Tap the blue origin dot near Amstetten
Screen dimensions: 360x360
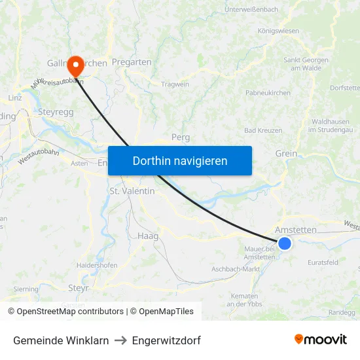[285, 243]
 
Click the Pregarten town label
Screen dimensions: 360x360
[132, 62]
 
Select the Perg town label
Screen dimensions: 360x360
[180, 137]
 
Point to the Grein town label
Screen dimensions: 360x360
[286, 154]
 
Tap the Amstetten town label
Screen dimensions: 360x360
[296, 230]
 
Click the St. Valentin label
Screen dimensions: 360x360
[132, 191]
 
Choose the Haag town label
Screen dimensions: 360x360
[148, 236]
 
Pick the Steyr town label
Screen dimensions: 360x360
[79, 287]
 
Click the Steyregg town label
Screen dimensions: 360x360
[56, 112]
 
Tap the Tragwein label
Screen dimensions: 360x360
[175, 84]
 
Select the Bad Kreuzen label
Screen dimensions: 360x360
[262, 131]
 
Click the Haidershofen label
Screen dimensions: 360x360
[97, 265]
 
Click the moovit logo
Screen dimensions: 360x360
[320, 339]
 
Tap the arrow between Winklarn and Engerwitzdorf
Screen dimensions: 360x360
[120, 340]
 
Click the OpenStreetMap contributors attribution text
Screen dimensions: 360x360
[65, 312]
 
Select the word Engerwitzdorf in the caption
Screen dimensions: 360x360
[166, 340]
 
